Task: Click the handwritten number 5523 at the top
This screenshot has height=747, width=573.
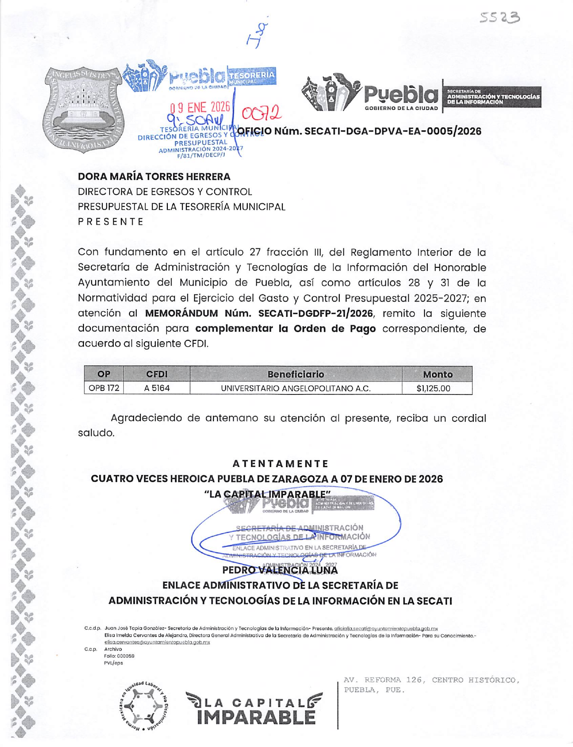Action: [499, 18]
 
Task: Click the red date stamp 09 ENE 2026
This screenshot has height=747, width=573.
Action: [200, 107]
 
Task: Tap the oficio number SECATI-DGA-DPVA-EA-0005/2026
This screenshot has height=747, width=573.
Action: [360, 131]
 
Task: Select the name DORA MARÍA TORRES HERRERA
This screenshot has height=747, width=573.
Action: [154, 176]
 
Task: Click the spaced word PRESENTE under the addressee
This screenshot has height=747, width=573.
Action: [111, 222]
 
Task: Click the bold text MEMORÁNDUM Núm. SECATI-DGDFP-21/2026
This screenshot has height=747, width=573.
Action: [259, 313]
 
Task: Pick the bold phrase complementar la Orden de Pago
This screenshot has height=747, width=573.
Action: [285, 329]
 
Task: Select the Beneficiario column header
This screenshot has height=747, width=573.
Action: [296, 374]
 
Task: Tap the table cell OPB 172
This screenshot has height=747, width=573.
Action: [104, 388]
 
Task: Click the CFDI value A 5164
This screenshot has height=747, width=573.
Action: [157, 388]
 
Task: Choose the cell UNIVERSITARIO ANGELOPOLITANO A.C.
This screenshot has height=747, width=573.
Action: [296, 388]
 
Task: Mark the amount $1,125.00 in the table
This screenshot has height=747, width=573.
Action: [433, 388]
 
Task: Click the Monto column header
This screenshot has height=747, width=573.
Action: [437, 374]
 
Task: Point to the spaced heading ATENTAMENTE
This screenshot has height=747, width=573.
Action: [281, 463]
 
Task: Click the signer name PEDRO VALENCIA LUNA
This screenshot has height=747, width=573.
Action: [280, 570]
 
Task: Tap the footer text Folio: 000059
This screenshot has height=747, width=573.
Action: [119, 656]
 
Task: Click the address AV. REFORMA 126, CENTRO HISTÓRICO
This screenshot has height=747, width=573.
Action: [432, 680]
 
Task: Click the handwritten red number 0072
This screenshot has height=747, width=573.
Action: [262, 113]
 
